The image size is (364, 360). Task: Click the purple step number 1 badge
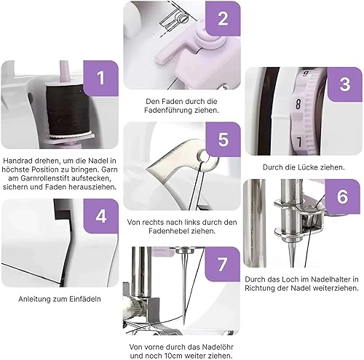click(x=100, y=78)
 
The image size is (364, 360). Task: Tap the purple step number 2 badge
click(x=223, y=19)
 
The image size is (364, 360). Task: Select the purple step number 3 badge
click(x=345, y=84)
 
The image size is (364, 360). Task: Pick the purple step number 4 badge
click(x=101, y=216)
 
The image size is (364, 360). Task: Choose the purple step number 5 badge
click(x=223, y=140)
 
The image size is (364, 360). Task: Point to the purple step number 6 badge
click(x=343, y=196)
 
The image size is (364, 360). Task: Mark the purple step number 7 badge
click(x=223, y=264)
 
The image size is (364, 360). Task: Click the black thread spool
click(x=68, y=110)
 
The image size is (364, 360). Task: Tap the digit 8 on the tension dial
click(x=298, y=104)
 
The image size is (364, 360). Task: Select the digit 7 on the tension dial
click(x=299, y=142)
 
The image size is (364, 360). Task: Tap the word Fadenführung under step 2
click(x=168, y=111)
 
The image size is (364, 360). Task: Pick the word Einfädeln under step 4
click(x=85, y=299)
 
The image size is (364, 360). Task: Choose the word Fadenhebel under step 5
click(x=169, y=231)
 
